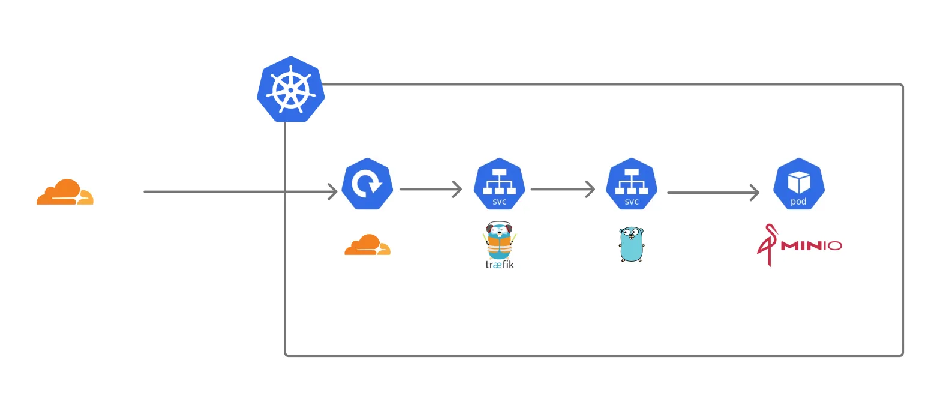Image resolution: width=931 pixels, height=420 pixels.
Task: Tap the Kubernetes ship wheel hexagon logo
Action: point(290,90)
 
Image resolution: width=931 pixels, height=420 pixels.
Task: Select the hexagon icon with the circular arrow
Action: point(367,184)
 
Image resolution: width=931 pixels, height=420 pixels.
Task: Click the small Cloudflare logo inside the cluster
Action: point(367,245)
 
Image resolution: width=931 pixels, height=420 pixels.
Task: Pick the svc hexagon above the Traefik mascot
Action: point(499,184)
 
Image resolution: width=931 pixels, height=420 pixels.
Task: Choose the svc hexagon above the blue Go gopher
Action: point(632,184)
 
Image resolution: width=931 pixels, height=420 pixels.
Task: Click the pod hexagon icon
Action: point(798,184)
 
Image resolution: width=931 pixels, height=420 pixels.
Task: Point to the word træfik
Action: point(500,264)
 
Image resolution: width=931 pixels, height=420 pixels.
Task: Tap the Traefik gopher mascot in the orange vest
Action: point(499,240)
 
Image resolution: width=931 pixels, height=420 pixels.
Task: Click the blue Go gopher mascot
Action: point(631,244)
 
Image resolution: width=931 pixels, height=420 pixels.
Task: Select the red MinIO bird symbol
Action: point(767,245)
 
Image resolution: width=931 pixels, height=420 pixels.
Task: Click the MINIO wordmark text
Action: point(812,245)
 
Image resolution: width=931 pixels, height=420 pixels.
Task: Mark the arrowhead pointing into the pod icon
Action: point(754,193)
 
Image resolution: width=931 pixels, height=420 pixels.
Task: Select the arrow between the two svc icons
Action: point(562,190)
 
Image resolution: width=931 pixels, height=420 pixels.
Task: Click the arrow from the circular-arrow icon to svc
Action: point(430,190)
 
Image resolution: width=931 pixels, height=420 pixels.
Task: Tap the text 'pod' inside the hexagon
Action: point(798,202)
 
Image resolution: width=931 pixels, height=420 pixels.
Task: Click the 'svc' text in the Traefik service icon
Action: point(500,202)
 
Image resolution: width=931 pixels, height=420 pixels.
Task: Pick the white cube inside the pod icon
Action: point(798,182)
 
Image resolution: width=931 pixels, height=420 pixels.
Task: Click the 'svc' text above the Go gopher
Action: point(632,202)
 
